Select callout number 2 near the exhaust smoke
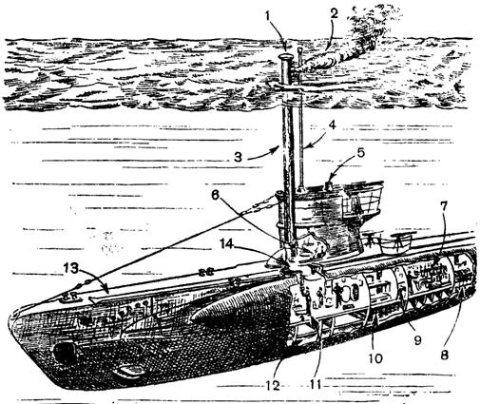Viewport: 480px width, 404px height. click(x=333, y=14)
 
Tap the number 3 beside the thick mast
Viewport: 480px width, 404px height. click(x=239, y=157)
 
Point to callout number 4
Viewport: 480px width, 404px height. click(x=332, y=125)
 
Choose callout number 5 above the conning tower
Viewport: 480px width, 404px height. click(x=361, y=153)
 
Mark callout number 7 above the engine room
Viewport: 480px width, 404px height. click(x=443, y=207)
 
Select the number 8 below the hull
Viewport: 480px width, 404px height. click(x=444, y=355)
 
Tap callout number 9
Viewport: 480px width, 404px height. click(x=417, y=340)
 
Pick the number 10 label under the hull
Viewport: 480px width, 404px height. click(x=374, y=358)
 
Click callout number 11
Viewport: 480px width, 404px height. click(x=314, y=385)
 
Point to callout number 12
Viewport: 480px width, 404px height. click(x=273, y=386)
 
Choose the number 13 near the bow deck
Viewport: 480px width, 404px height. click(x=70, y=269)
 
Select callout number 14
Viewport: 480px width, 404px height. click(x=226, y=243)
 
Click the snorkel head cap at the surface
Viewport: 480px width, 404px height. click(x=286, y=57)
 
